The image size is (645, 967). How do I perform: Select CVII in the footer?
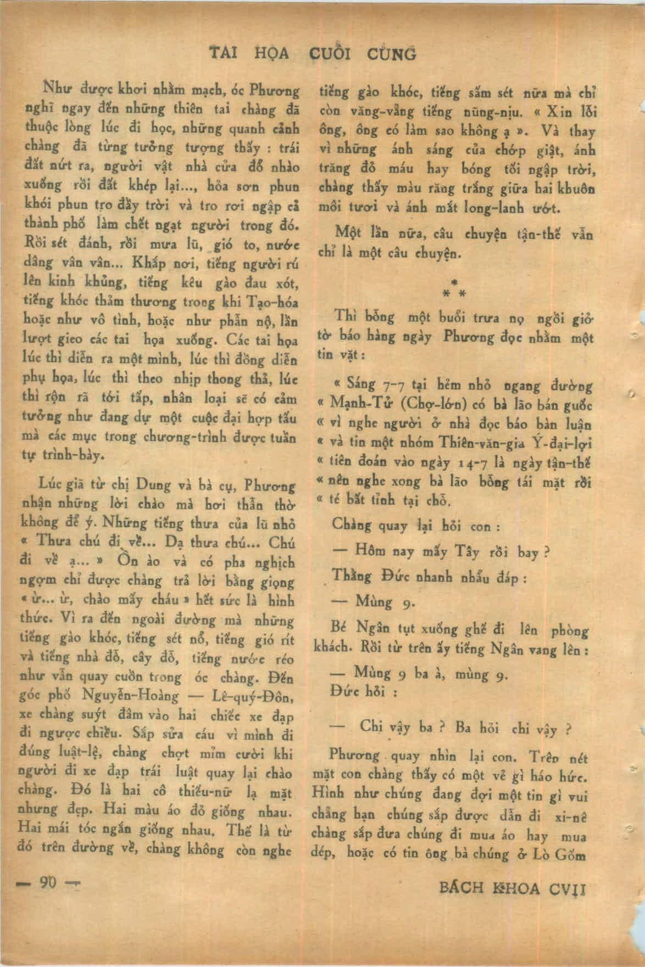coord(569,888)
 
